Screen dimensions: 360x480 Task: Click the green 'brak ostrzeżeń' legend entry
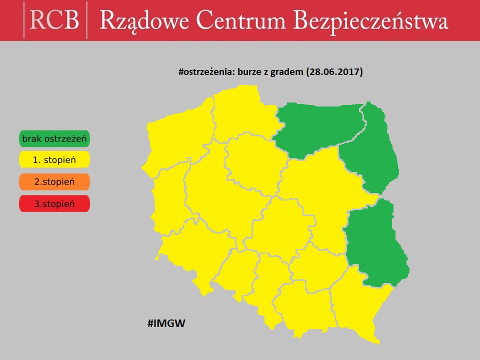(54, 139)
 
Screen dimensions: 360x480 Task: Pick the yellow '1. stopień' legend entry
(54, 160)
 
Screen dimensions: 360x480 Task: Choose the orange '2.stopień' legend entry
(54, 182)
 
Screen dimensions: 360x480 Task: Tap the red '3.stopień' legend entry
(54, 204)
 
